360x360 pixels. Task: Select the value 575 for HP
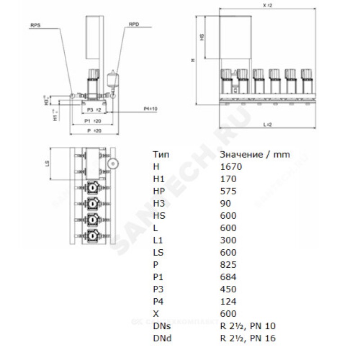point(229,191)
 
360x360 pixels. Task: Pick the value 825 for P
point(229,265)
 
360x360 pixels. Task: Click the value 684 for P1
point(229,277)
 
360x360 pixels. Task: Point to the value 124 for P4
point(229,301)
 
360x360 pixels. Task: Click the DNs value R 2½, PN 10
point(247,326)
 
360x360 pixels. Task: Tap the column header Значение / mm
point(255,154)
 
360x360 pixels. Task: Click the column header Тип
point(161,154)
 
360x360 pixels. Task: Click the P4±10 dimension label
point(150,109)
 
